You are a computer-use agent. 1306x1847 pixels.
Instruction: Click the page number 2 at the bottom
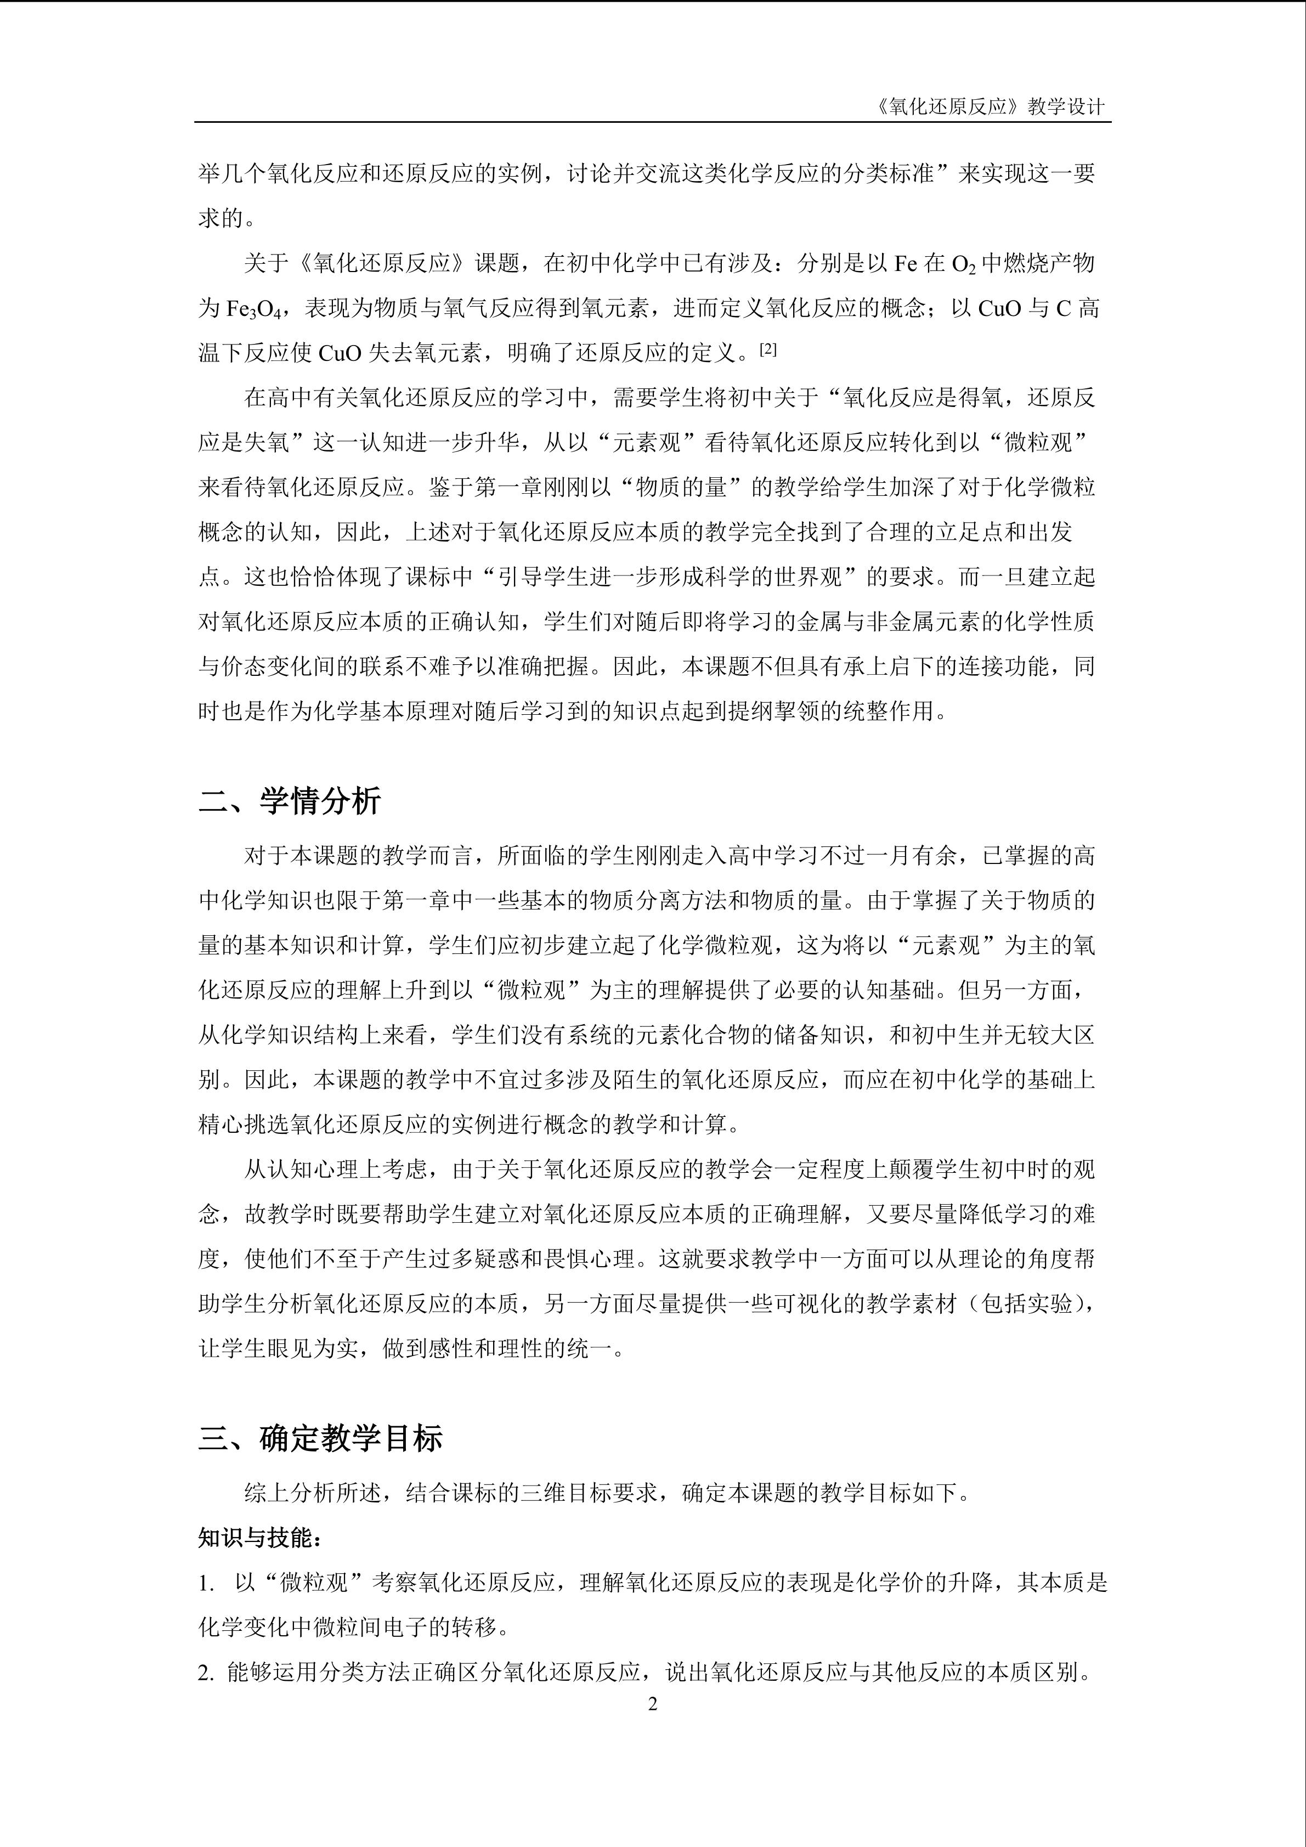click(x=652, y=1704)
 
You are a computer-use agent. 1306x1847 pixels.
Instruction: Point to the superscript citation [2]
click(x=770, y=348)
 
